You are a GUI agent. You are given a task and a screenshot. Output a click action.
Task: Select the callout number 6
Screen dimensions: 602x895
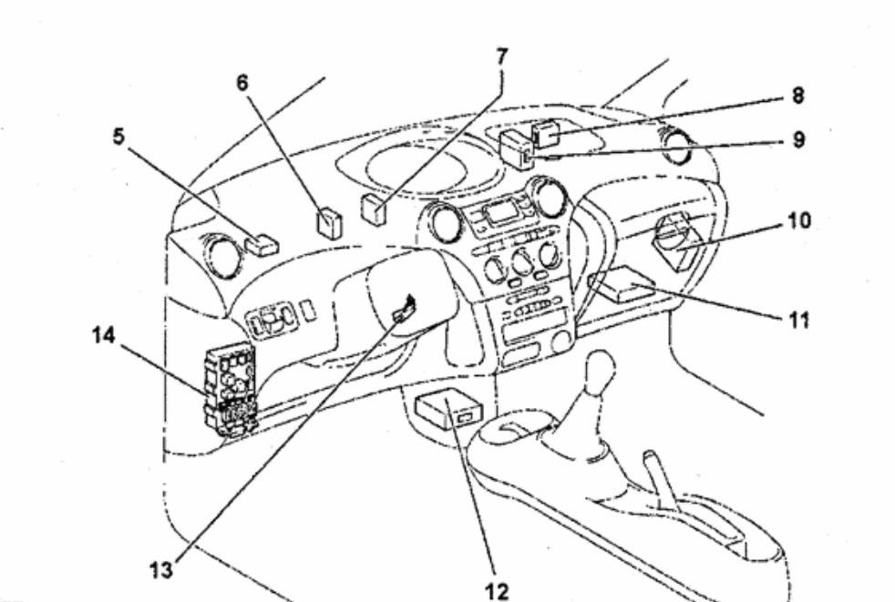point(242,82)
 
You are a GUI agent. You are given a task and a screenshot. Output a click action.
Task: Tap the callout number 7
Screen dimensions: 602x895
point(501,56)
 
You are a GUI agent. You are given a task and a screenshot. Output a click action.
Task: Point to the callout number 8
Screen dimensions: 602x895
point(798,95)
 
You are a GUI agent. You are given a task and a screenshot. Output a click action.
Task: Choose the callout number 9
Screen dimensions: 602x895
point(798,141)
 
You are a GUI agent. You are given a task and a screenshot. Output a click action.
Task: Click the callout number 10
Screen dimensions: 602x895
point(799,220)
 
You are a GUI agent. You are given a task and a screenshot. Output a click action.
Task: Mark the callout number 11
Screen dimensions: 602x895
point(798,320)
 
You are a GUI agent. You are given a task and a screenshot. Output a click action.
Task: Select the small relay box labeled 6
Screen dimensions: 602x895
point(328,222)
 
